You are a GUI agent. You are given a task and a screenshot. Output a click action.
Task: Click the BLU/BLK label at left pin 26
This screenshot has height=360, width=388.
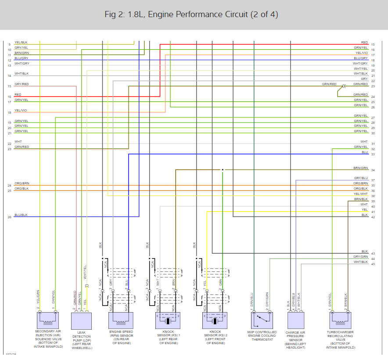pos(21,215)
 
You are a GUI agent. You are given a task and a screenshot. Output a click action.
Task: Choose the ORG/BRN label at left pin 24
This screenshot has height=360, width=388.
pos(22,183)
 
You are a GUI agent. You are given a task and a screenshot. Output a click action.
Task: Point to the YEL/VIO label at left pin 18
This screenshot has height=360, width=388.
pos(21,110)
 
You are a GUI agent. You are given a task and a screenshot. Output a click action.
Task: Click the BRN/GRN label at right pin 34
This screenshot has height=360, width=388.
pos(361,168)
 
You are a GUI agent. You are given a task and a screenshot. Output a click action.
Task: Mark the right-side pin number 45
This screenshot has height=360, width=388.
pos(373,264)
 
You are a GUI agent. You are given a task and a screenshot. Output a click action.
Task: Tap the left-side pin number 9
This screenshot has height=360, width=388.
pos(9,44)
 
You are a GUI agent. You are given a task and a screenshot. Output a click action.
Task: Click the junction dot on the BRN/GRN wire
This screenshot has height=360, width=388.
pos(223,170)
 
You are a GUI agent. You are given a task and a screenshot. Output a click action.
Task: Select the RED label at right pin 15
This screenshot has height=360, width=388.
pos(364,42)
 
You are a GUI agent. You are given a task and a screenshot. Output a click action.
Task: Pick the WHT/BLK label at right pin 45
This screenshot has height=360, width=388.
pos(361,262)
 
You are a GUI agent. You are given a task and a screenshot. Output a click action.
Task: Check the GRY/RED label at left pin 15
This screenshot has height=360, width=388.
pos(22,84)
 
